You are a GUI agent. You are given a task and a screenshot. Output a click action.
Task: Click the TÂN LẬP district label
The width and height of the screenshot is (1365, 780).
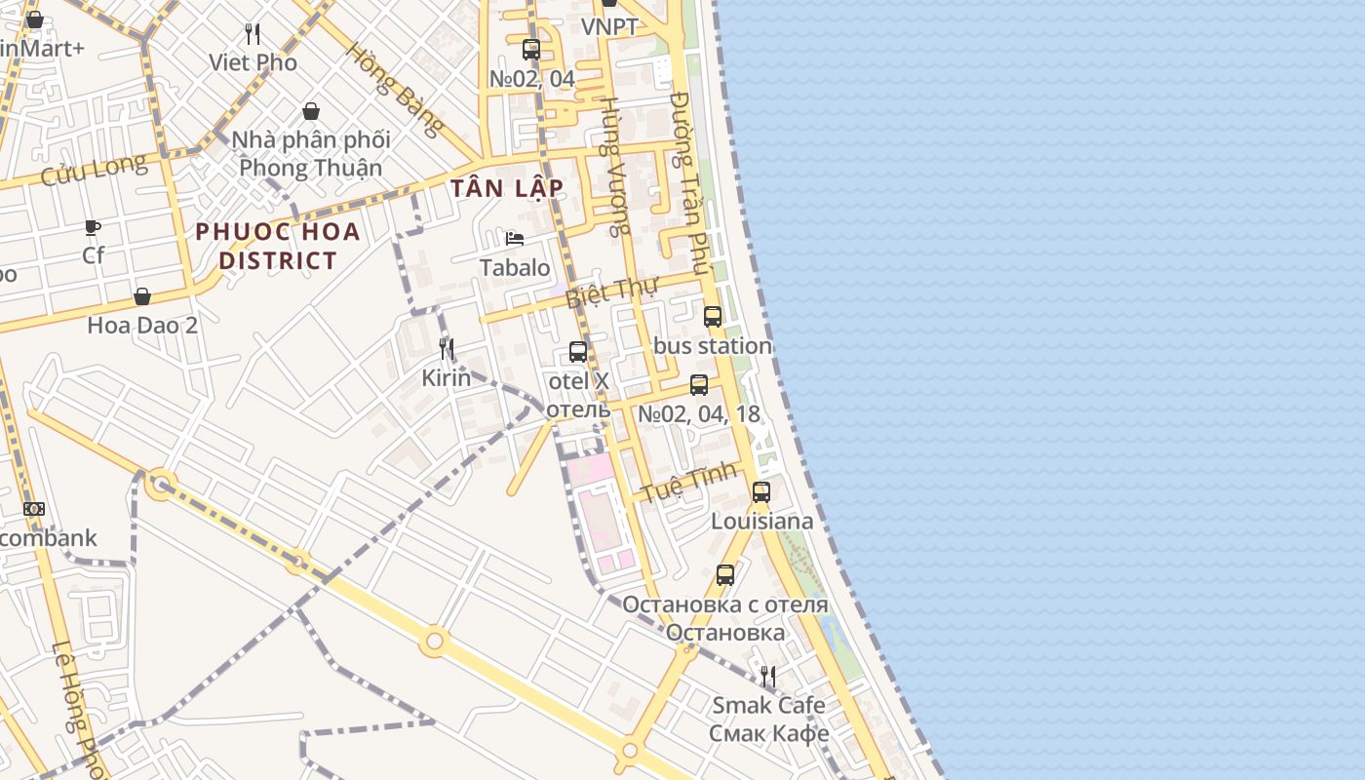(x=507, y=188)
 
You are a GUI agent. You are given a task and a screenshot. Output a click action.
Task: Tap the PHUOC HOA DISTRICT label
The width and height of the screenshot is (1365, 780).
(x=278, y=246)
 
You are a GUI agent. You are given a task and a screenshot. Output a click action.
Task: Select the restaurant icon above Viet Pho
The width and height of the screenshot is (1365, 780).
(x=253, y=34)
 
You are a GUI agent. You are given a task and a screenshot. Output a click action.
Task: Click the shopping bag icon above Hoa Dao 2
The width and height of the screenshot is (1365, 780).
(x=142, y=296)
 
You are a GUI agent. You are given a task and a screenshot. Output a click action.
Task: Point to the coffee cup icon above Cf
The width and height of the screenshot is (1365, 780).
(x=93, y=227)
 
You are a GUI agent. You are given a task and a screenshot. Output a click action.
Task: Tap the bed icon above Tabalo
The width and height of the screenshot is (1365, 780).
(x=515, y=239)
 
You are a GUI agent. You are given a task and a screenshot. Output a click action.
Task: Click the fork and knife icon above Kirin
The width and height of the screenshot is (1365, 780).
(x=447, y=349)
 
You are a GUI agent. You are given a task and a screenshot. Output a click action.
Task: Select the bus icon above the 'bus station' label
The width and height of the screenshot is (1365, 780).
(x=713, y=317)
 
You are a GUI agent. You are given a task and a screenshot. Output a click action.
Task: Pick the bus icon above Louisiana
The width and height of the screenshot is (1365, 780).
(x=761, y=492)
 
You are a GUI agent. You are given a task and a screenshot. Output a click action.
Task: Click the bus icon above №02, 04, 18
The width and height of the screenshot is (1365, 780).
(x=699, y=385)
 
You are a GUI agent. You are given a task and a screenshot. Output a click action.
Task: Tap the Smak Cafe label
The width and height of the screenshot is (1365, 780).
(x=768, y=705)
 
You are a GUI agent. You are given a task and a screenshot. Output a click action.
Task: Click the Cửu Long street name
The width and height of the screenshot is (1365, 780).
(x=94, y=170)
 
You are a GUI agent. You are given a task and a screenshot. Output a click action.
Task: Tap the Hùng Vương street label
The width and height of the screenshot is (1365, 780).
(x=613, y=166)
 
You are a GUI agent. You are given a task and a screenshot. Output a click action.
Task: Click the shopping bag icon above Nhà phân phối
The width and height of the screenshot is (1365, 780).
(x=311, y=111)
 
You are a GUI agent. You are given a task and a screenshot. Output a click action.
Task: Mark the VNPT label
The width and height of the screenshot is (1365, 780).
(x=609, y=27)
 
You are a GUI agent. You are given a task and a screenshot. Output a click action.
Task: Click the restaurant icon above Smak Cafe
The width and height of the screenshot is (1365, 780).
(x=768, y=677)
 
